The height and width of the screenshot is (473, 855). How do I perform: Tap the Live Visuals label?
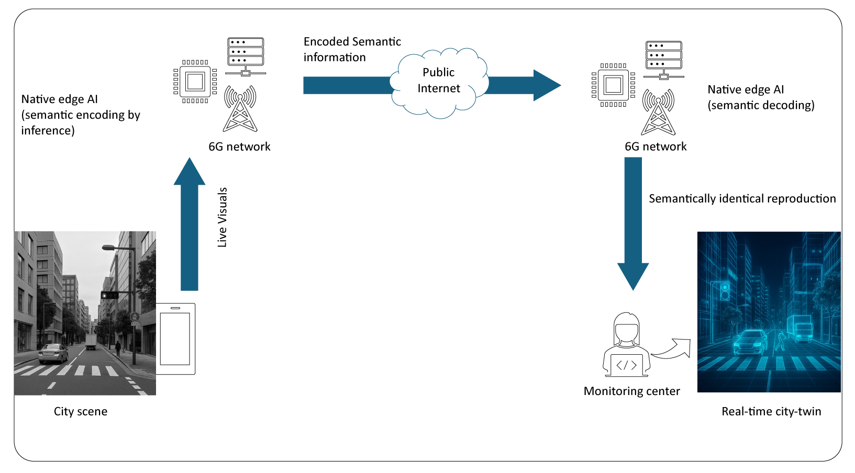[223, 217]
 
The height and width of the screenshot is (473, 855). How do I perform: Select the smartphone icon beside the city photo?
[175, 339]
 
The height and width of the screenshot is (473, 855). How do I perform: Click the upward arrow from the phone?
[189, 225]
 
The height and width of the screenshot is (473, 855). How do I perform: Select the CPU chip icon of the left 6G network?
[195, 82]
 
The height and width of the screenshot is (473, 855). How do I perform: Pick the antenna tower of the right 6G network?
[658, 112]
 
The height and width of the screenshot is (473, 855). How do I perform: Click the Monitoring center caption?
[631, 391]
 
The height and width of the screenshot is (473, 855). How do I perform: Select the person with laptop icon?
[627, 345]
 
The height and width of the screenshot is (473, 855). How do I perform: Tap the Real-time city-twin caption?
[771, 412]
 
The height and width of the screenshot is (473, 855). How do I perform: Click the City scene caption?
[81, 412]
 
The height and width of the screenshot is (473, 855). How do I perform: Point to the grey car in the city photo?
[53, 353]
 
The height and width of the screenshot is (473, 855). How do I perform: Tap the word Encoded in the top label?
[326, 42]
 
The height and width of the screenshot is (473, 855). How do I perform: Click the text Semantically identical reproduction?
[742, 199]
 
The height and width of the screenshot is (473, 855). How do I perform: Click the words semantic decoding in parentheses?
[761, 106]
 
